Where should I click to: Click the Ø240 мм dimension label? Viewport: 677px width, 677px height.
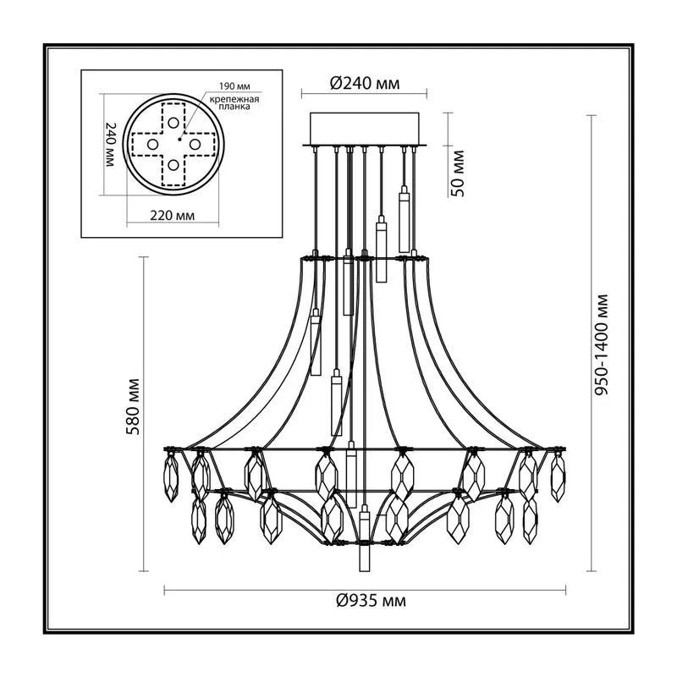[x=365, y=83]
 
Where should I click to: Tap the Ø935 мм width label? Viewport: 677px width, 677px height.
[x=371, y=601]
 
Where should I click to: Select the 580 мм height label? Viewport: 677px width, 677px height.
[x=134, y=407]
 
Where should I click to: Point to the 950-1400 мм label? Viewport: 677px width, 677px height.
[x=601, y=344]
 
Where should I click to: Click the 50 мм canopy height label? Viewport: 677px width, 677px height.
[x=457, y=173]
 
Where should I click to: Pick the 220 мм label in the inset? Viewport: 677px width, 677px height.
[x=173, y=215]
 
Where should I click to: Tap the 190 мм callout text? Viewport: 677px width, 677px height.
[x=234, y=86]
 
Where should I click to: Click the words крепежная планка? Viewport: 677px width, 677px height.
[x=234, y=102]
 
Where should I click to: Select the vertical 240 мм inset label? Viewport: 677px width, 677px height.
[x=111, y=145]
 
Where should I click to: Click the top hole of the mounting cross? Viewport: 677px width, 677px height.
[x=173, y=123]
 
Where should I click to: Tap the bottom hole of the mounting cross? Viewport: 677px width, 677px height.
[x=173, y=165]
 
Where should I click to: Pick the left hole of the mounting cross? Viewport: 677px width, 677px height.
[x=152, y=144]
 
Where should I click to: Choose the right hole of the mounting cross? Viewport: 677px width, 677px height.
[x=195, y=144]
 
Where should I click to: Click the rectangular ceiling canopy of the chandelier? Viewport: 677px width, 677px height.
[x=365, y=129]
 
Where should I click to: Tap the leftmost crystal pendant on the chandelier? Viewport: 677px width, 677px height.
[x=171, y=477]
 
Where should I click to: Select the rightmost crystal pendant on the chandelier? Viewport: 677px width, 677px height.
[x=558, y=477]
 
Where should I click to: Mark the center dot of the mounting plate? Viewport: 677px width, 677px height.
[x=179, y=140]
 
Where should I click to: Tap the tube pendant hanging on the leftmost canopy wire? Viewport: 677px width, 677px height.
[x=316, y=342]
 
